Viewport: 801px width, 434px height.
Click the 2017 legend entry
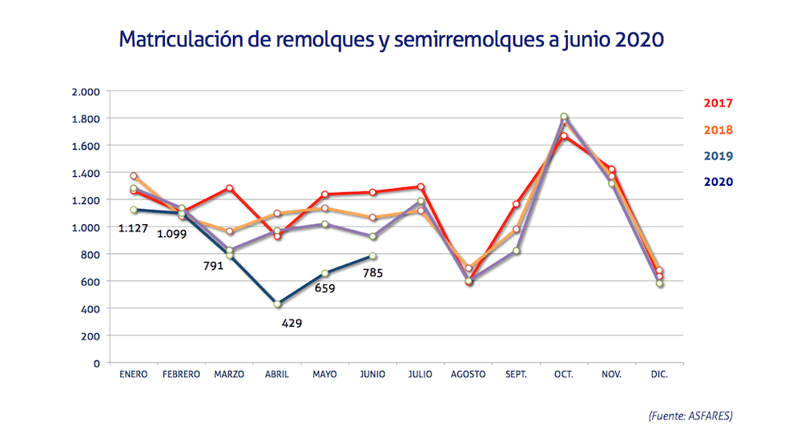(718, 103)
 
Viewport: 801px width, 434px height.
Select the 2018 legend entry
(718, 130)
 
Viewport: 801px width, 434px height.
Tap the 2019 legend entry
(718, 156)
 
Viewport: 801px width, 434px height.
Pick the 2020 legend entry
(718, 182)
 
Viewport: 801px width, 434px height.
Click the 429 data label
(292, 323)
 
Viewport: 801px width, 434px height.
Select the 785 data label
(372, 272)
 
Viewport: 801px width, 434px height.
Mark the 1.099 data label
(173, 234)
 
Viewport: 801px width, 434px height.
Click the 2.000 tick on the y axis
(85, 91)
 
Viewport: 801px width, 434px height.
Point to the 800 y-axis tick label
(90, 255)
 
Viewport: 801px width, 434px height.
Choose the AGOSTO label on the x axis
(469, 375)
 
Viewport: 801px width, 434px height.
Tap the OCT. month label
(564, 375)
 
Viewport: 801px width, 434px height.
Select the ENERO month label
(133, 375)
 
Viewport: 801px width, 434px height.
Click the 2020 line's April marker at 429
(277, 304)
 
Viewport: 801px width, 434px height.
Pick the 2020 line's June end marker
(372, 256)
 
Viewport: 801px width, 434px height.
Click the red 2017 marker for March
(229, 188)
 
